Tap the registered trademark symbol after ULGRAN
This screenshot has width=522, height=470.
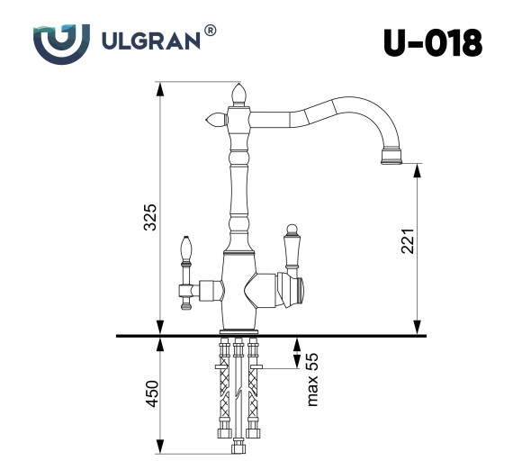210,31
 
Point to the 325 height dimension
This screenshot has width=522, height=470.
150,217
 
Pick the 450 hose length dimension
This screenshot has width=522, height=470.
150,394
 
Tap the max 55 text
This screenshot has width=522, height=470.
312,379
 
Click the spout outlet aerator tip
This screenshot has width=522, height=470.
392,158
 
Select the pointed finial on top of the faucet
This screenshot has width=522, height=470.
239,93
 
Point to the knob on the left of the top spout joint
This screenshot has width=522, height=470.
215,118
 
